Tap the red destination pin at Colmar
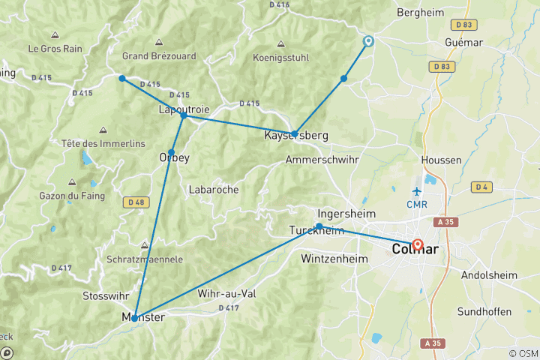(x=418, y=244)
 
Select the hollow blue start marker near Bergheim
(x=368, y=42)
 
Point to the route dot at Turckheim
(x=319, y=226)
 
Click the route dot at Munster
(x=134, y=318)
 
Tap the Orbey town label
(x=174, y=157)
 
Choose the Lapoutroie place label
(x=184, y=109)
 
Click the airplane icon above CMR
(x=417, y=191)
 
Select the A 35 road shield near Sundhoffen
(x=430, y=343)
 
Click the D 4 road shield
(x=481, y=187)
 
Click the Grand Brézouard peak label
(x=159, y=55)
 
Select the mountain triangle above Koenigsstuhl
(x=280, y=43)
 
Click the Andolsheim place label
(x=490, y=275)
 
